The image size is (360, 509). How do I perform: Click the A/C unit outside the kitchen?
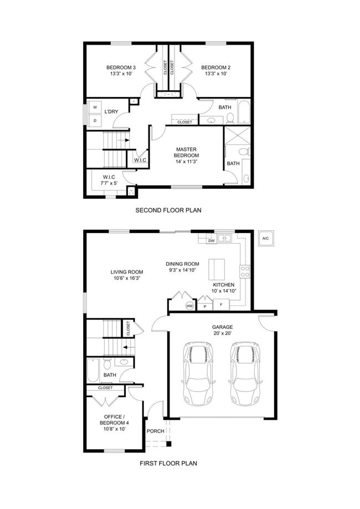265,239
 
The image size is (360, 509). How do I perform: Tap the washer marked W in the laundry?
95,107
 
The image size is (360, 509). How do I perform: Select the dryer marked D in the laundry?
95,120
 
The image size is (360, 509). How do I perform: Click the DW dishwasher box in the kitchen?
212,240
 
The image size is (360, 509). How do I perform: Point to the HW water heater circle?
190,306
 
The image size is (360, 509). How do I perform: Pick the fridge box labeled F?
222,305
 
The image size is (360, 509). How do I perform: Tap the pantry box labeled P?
205,306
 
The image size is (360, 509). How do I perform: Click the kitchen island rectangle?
217,269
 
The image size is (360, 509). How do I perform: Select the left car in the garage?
198,374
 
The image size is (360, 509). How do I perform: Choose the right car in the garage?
245,374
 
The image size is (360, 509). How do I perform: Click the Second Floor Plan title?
168,210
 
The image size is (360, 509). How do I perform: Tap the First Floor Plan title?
168,463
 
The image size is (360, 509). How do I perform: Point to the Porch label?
156,431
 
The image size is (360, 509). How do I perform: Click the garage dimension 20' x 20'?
222,333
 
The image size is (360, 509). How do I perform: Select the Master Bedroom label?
186,152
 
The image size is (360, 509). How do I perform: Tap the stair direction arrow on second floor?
124,140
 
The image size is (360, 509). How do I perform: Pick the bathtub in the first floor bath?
93,371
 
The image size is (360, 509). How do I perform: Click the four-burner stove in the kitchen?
245,271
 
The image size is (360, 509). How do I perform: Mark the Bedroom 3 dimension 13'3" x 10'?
121,74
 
